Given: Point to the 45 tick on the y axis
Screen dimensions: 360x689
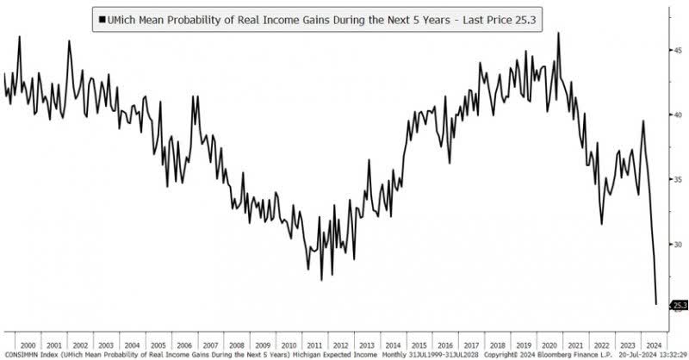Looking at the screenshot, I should pyautogui.click(x=678, y=50).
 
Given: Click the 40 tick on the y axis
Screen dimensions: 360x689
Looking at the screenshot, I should pyautogui.click(x=678, y=115).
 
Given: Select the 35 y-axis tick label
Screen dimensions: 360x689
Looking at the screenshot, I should pyautogui.click(x=678, y=179).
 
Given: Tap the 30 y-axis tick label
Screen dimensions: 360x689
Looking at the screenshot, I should pyautogui.click(x=678, y=245).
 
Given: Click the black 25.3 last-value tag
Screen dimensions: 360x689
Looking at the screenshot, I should pyautogui.click(x=678, y=305).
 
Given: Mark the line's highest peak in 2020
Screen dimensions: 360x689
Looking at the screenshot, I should pyautogui.click(x=558, y=34).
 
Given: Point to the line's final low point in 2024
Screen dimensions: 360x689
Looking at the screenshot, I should pyautogui.click(x=656, y=303).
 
